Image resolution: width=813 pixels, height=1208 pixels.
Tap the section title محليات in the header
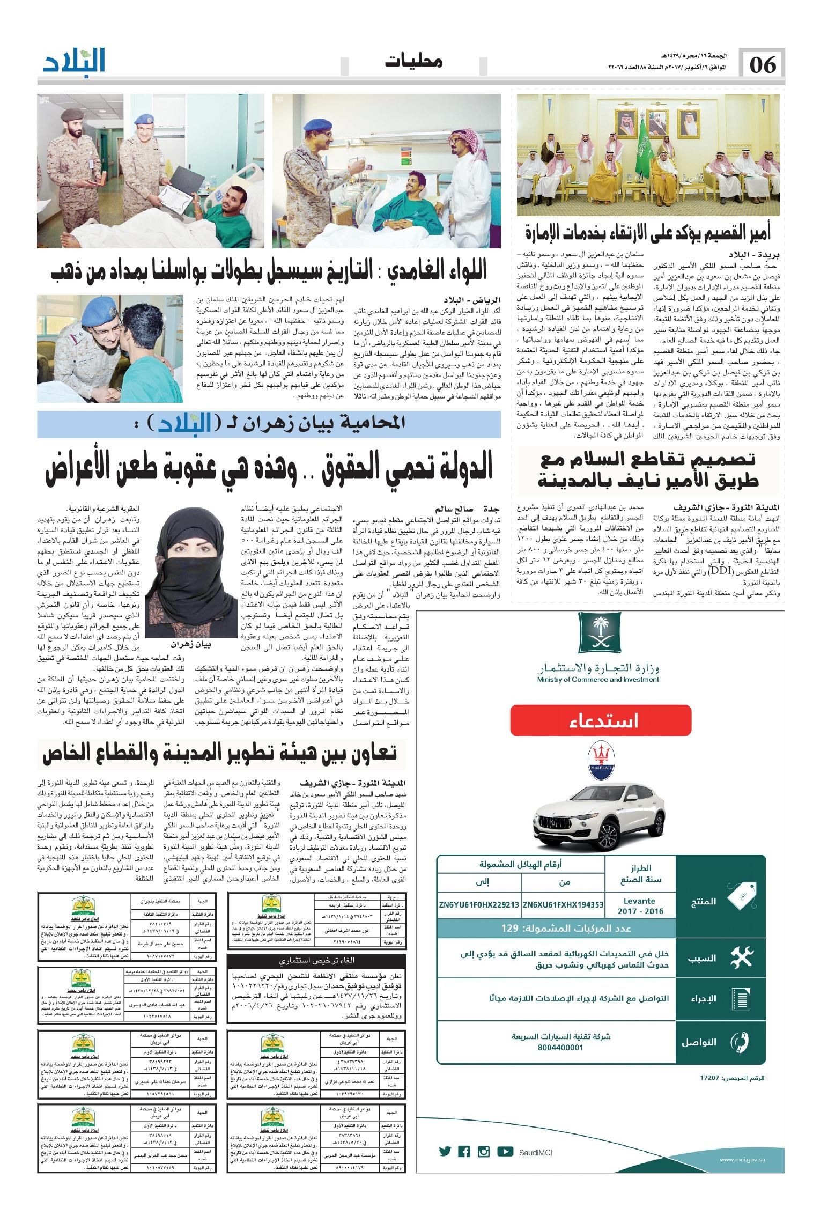click(414, 62)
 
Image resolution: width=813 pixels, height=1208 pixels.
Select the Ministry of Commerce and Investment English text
click(597, 680)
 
